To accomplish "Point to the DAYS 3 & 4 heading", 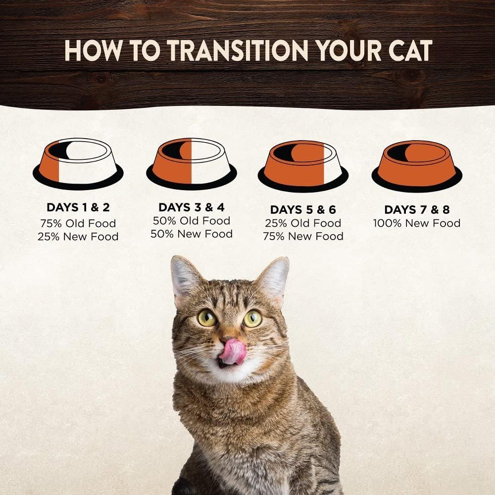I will tap(191, 207).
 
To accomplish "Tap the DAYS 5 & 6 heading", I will tap(302, 209).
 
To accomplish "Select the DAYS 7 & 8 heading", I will tap(416, 209).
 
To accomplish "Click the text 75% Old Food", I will tap(78, 223).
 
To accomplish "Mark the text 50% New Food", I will tap(191, 234).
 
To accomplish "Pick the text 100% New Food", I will tap(416, 223).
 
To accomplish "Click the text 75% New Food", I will tap(302, 236).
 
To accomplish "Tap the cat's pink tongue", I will tap(232, 351).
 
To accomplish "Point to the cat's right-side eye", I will tap(252, 318).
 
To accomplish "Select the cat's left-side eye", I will tap(207, 317).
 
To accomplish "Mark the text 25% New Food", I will tap(78, 237).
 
